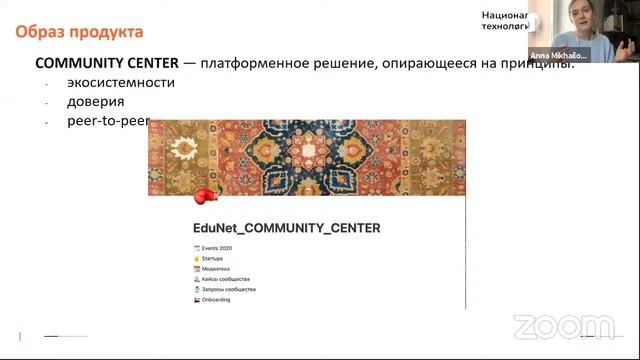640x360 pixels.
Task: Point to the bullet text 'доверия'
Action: tap(96, 102)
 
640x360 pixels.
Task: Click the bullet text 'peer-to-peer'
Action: tap(108, 121)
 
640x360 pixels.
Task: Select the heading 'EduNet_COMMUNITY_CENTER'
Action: tap(286, 228)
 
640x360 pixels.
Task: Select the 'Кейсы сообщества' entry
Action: tap(228, 279)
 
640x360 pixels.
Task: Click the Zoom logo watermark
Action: tap(565, 327)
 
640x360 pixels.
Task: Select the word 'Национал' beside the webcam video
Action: tap(504, 15)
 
